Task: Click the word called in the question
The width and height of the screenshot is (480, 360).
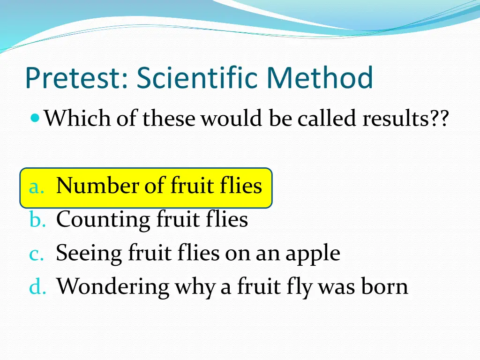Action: pos(327,118)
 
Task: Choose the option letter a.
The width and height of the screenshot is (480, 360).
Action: pos(36,187)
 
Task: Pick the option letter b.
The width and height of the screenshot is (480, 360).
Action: pos(36,220)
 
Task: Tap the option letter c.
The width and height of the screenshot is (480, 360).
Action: pos(36,254)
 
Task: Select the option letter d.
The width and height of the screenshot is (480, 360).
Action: pos(36,287)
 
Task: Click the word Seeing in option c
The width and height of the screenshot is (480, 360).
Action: pos(88,254)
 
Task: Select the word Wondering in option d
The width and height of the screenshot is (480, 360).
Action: pos(112,286)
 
